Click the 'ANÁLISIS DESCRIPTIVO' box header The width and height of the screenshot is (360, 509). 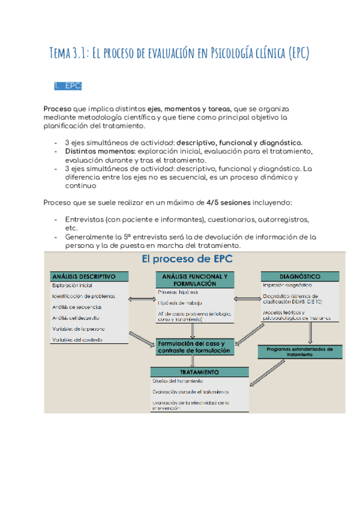pos(89,277)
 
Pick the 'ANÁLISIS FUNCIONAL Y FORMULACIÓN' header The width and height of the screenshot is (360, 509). pos(192,279)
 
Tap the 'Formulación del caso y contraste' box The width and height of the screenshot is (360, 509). pos(193,346)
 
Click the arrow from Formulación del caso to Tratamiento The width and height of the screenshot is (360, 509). pos(193,361)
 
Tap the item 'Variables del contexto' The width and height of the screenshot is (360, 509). pos(77,340)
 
